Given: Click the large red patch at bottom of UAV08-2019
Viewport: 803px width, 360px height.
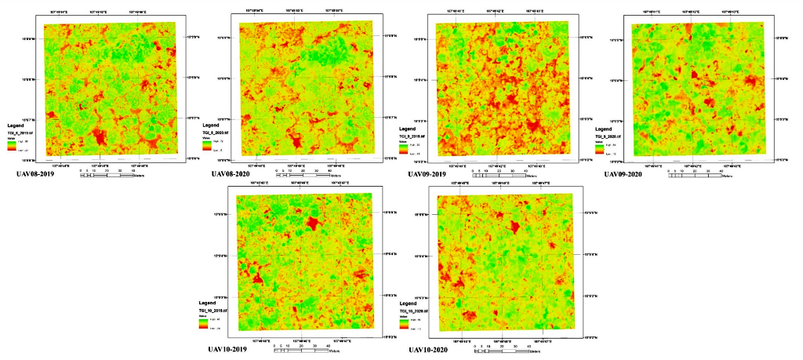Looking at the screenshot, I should (x=99, y=138).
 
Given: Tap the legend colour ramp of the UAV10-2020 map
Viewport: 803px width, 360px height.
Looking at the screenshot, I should (x=403, y=323).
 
